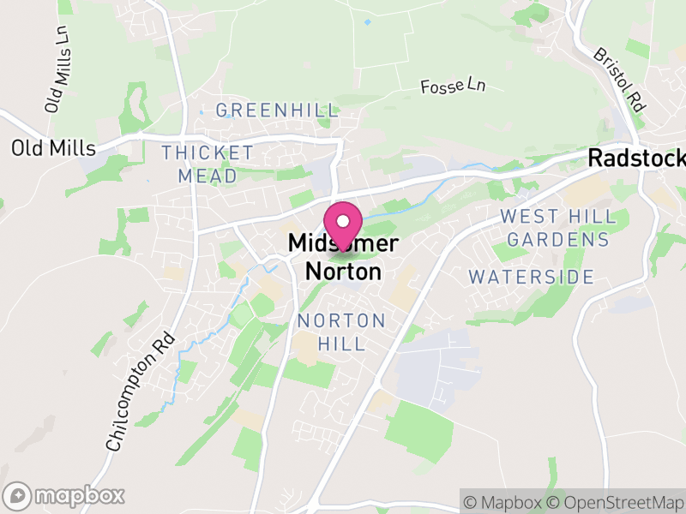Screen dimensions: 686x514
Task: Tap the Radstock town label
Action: (x=635, y=158)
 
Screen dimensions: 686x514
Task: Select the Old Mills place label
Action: (x=52, y=148)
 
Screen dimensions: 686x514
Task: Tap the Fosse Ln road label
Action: (x=454, y=86)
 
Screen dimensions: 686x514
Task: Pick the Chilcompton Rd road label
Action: (x=140, y=391)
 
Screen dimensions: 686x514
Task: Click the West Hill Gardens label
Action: (x=554, y=228)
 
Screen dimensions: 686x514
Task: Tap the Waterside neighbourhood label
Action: (x=532, y=277)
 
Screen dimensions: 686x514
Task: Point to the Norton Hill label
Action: (x=341, y=332)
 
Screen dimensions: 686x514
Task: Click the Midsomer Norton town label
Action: (x=343, y=258)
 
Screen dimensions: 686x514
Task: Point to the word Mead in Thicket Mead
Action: (x=208, y=176)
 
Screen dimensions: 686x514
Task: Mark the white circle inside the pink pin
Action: (x=343, y=220)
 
